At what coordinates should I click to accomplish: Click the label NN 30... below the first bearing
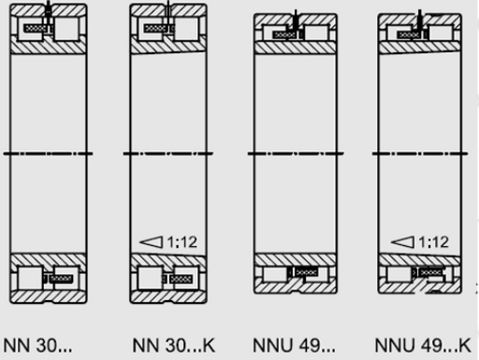tap(37, 345)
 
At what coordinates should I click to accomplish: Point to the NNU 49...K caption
tap(421, 345)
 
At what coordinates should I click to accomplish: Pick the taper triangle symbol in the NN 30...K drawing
tap(151, 242)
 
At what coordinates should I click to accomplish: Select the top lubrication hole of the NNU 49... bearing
tap(296, 19)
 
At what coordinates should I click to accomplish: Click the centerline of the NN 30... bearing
tap(49, 152)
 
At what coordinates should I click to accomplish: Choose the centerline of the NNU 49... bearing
tap(296, 152)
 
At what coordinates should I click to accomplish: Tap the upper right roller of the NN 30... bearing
tap(66, 30)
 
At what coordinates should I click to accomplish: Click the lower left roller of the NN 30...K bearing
tap(150, 278)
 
